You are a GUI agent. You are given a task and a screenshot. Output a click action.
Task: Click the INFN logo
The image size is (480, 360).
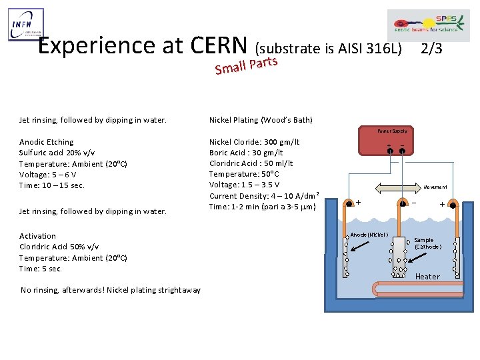tap(26, 25)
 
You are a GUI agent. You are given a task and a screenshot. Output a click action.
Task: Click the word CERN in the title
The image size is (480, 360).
tap(219, 45)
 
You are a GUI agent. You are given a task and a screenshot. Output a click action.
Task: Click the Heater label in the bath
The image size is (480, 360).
tap(427, 277)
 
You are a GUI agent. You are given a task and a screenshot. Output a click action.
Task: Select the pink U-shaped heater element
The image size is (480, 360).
tap(400, 288)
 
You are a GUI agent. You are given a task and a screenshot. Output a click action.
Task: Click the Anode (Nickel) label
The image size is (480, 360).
tap(369, 235)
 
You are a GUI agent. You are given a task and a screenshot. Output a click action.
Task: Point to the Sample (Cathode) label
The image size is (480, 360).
tap(427, 243)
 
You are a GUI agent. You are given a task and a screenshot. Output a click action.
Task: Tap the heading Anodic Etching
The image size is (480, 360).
tap(47, 142)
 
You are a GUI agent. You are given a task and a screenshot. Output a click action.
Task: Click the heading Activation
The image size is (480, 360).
tap(38, 236)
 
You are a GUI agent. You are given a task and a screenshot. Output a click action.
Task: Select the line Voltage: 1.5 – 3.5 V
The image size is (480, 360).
tap(245, 185)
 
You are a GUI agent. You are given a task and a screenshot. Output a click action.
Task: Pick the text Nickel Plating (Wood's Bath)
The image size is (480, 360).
tap(261, 120)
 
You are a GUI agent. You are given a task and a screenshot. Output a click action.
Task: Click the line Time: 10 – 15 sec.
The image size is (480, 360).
tap(52, 185)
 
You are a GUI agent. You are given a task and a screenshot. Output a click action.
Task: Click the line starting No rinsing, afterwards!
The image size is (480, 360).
tap(111, 290)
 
